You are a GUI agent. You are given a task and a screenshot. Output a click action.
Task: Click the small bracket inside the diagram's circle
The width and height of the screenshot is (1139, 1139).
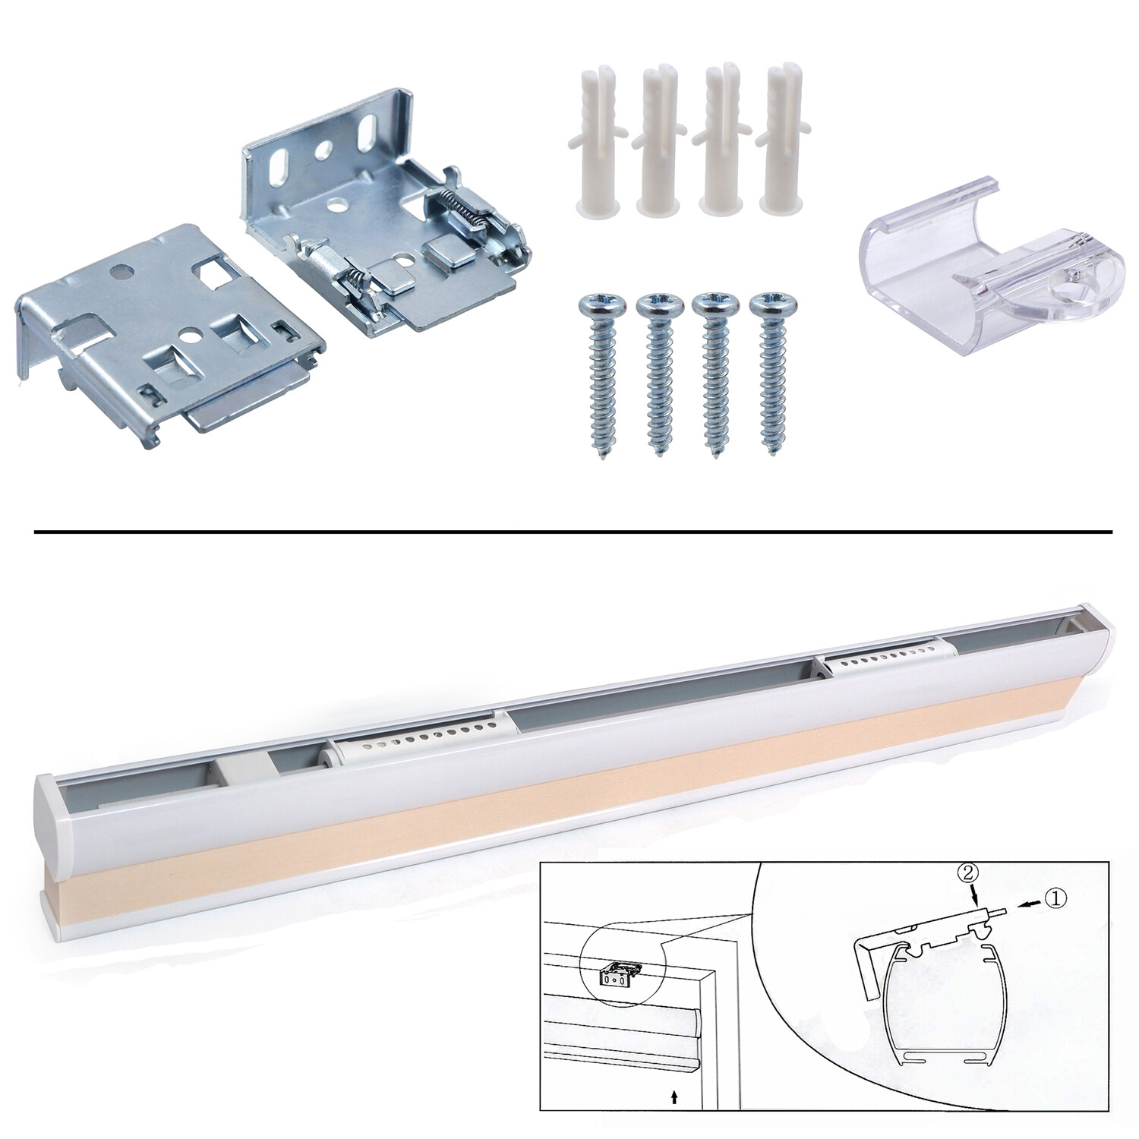tap(621, 973)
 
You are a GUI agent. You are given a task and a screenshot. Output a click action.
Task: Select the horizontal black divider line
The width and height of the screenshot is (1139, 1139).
tap(573, 532)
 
